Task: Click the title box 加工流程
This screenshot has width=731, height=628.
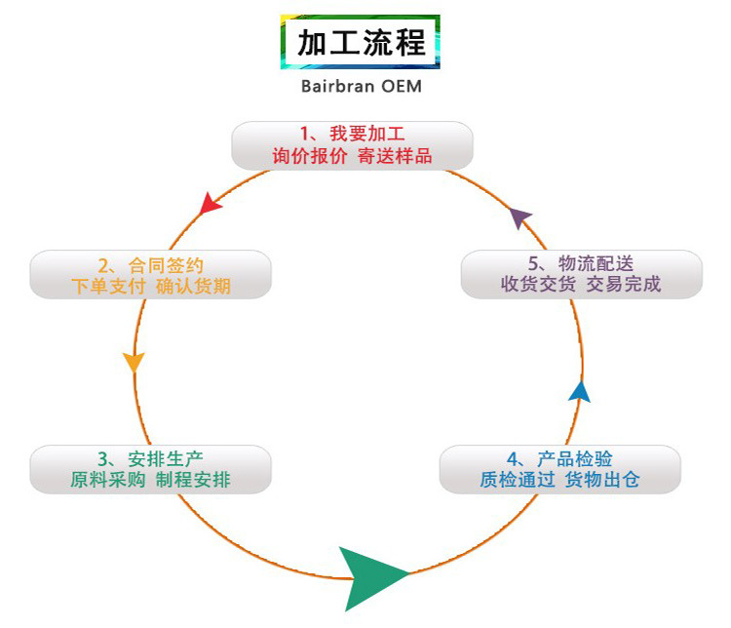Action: coord(361,42)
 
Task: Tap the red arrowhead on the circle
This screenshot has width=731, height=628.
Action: coord(209,203)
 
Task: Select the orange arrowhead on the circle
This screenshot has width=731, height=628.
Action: coord(134,360)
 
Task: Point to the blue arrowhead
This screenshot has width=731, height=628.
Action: coord(580,391)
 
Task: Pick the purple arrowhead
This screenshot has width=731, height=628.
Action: coord(522,217)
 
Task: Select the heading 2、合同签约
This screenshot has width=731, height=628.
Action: coord(151,264)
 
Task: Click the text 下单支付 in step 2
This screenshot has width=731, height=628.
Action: coord(109,286)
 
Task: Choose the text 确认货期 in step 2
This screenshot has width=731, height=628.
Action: coord(193,286)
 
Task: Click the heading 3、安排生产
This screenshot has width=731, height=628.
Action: coord(150,458)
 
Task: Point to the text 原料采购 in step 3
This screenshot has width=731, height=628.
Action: coord(108,481)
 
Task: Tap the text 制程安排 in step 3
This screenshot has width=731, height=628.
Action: coord(193,481)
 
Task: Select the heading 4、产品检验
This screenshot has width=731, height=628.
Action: coord(559,458)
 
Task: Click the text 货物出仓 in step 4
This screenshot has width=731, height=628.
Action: coord(602,481)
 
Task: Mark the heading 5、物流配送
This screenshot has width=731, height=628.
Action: coord(580,263)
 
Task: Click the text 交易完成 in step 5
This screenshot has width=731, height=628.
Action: coord(623,285)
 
